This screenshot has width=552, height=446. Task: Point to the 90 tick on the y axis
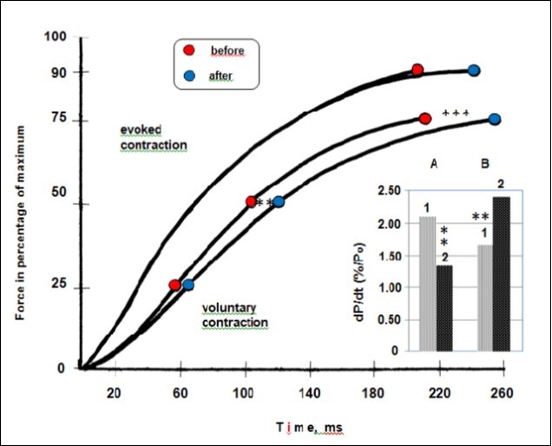click(59, 72)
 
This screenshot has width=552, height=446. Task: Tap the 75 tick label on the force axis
click(59, 121)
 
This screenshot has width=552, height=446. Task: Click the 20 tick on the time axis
click(113, 392)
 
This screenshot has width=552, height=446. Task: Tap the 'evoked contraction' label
click(154, 137)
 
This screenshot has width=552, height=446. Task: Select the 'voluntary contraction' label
click(234, 315)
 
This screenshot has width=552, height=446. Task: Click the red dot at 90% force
click(417, 69)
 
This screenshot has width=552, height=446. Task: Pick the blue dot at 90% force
click(474, 70)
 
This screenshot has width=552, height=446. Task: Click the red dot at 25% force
click(174, 285)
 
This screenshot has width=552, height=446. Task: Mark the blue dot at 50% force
click(279, 201)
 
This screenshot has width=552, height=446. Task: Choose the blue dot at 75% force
click(494, 119)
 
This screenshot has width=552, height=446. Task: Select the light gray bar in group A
click(427, 284)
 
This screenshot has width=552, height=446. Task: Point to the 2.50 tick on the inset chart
click(393, 191)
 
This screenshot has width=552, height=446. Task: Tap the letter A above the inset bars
click(433, 162)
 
